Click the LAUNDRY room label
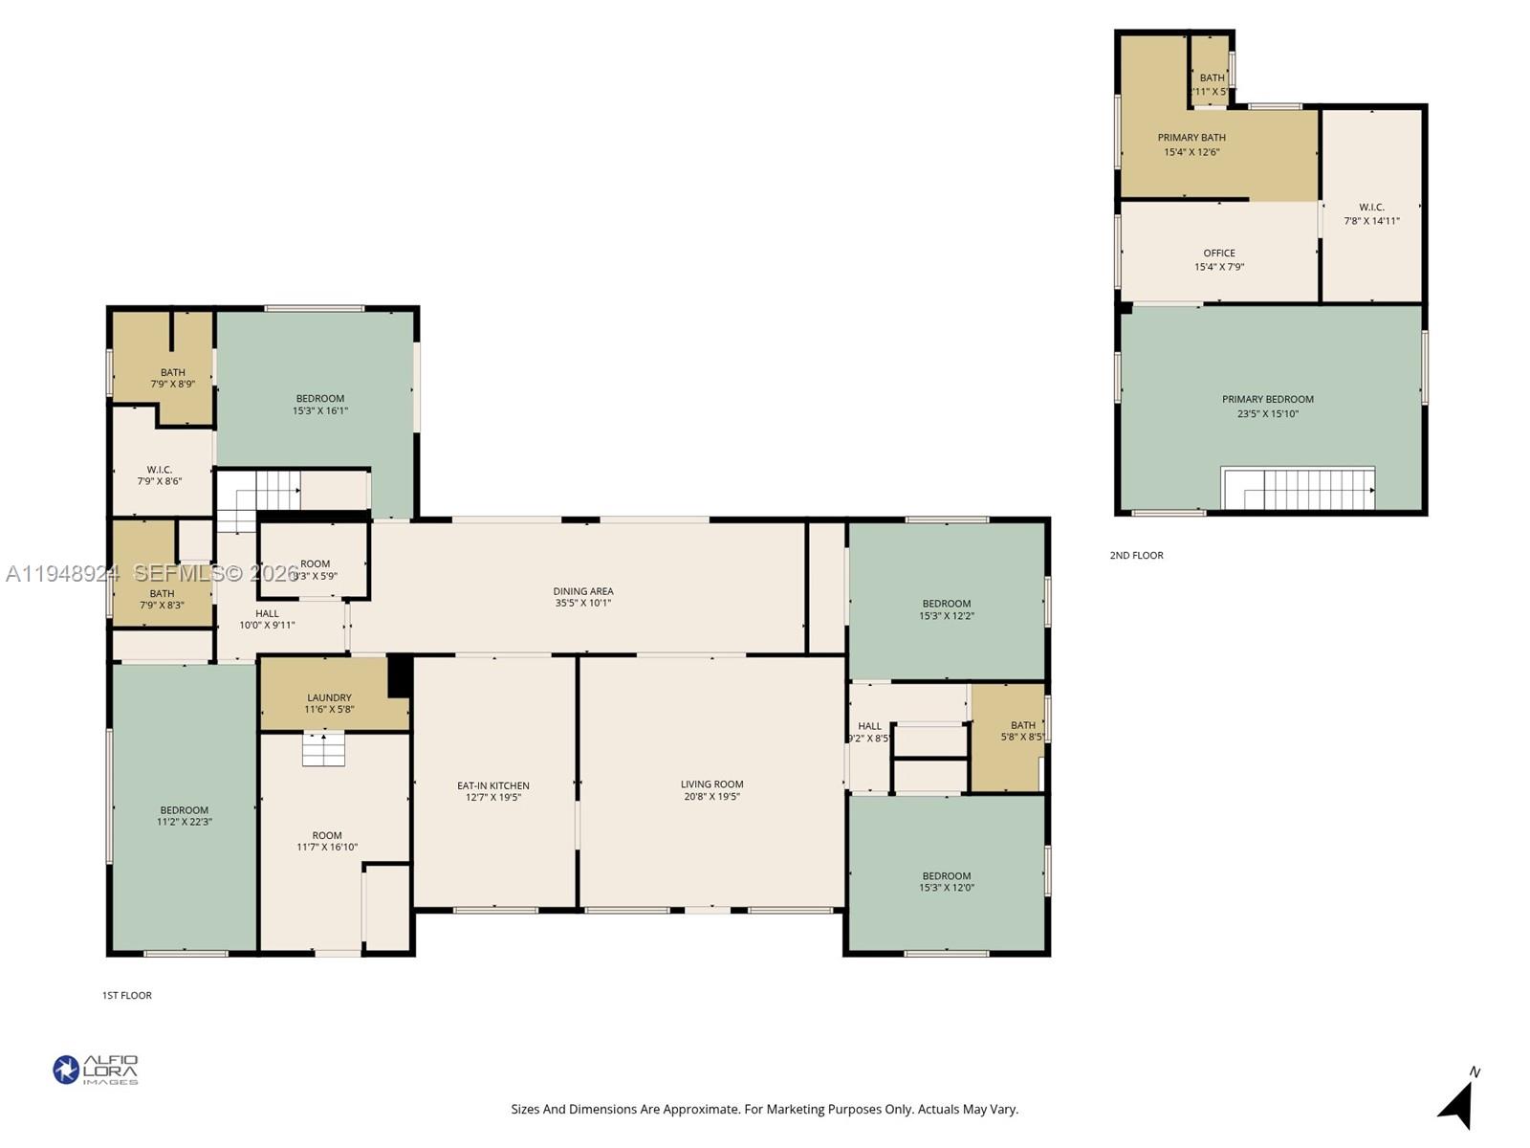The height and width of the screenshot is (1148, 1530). (329, 698)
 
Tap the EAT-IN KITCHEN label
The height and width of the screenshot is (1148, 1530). (492, 785)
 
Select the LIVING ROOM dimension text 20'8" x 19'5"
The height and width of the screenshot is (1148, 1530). (711, 797)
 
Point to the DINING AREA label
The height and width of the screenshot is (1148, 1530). (583, 591)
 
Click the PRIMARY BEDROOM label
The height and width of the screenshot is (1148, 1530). (1267, 400)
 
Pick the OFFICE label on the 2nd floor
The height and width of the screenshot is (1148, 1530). (1219, 254)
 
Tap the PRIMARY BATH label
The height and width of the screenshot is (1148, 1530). (1191, 138)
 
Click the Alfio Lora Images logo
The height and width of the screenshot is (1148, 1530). (96, 1070)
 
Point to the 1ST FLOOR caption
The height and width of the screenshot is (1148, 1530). (127, 996)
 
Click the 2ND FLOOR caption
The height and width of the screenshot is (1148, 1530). (1136, 556)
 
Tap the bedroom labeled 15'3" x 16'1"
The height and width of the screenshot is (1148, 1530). (319, 405)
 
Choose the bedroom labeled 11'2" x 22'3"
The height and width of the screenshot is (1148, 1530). (185, 816)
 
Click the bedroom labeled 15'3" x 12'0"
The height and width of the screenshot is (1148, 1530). (946, 882)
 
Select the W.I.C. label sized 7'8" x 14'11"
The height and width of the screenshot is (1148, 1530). (1371, 213)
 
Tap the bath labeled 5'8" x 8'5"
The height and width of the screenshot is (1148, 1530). (1022, 731)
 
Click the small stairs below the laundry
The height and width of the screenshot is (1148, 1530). (323, 749)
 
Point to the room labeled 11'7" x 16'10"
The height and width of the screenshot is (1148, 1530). (326, 841)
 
